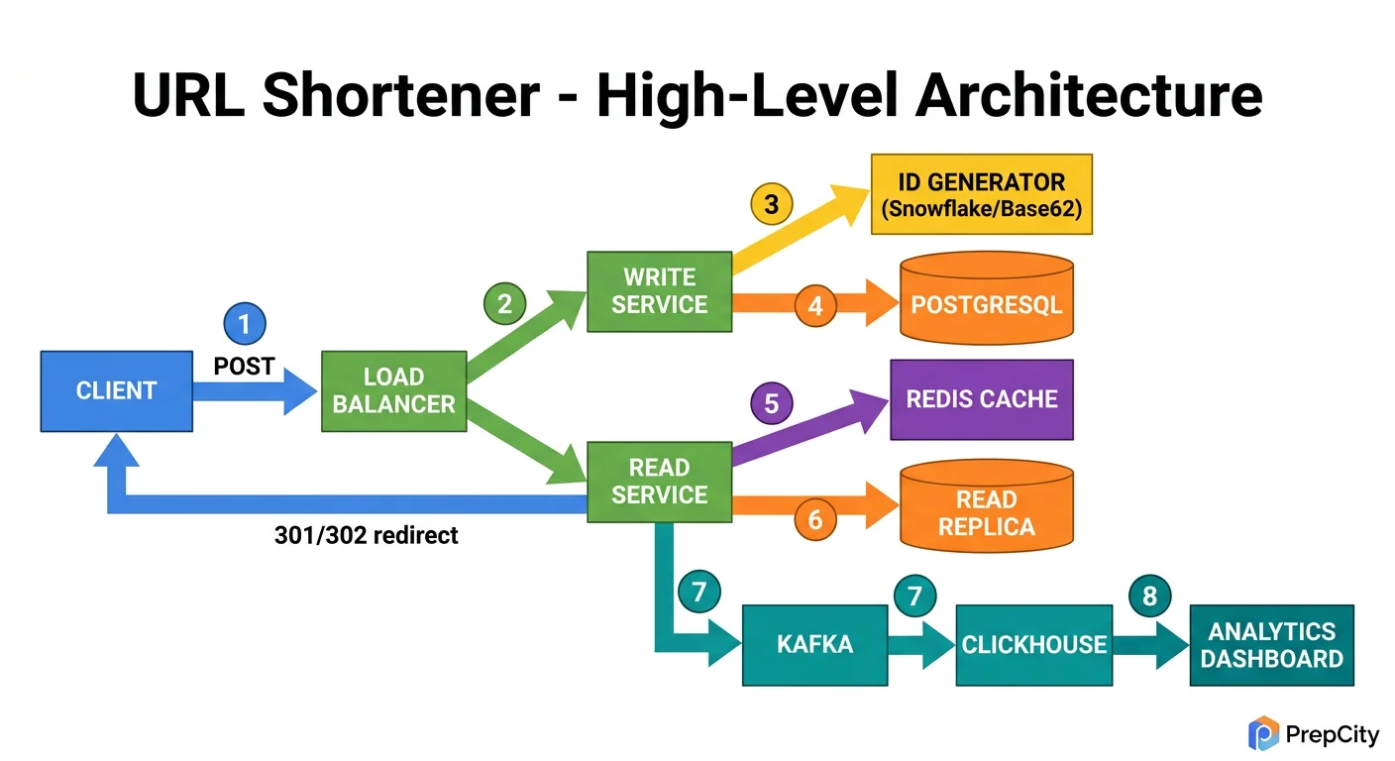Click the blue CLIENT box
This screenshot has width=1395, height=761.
click(x=116, y=390)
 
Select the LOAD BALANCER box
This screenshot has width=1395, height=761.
click(x=393, y=390)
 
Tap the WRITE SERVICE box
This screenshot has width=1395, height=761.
click(x=659, y=291)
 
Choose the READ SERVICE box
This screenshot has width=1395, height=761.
click(x=659, y=482)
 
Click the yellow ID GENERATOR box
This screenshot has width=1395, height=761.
click(x=981, y=194)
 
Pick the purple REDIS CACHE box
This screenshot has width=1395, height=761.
click(x=982, y=399)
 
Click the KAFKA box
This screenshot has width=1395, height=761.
click(x=814, y=644)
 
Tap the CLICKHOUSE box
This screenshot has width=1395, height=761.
click(x=1033, y=644)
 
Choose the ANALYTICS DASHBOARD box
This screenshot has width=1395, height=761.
click(x=1271, y=644)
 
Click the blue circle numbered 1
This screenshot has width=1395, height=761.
click(x=245, y=323)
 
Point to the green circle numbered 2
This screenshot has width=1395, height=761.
click(x=504, y=304)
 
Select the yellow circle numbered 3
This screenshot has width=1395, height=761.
click(x=771, y=205)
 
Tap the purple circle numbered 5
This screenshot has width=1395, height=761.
click(x=771, y=403)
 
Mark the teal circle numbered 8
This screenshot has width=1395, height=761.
click(x=1149, y=596)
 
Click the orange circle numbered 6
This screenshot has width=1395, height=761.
click(x=814, y=519)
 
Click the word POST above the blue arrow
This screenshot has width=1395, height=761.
click(x=244, y=367)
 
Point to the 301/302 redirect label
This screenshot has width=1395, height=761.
click(x=366, y=536)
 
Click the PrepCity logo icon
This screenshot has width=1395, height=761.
click(x=1263, y=733)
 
